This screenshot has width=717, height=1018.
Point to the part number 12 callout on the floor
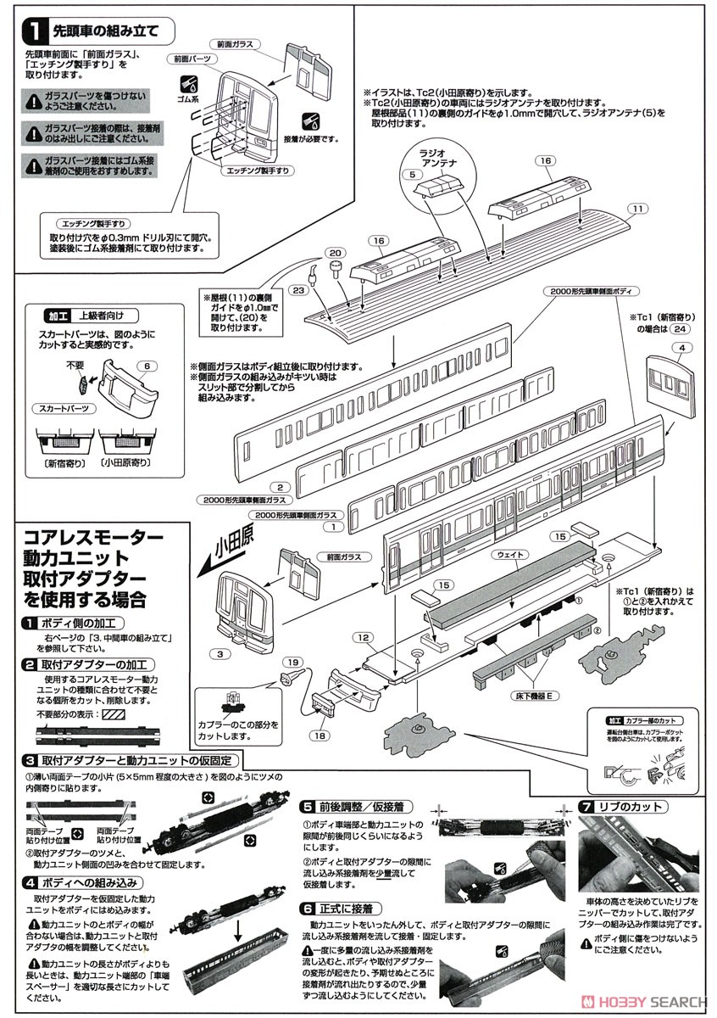tap(363, 636)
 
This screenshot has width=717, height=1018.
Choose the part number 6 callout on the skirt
tap(147, 365)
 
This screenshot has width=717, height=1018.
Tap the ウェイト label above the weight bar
tap(509, 554)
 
